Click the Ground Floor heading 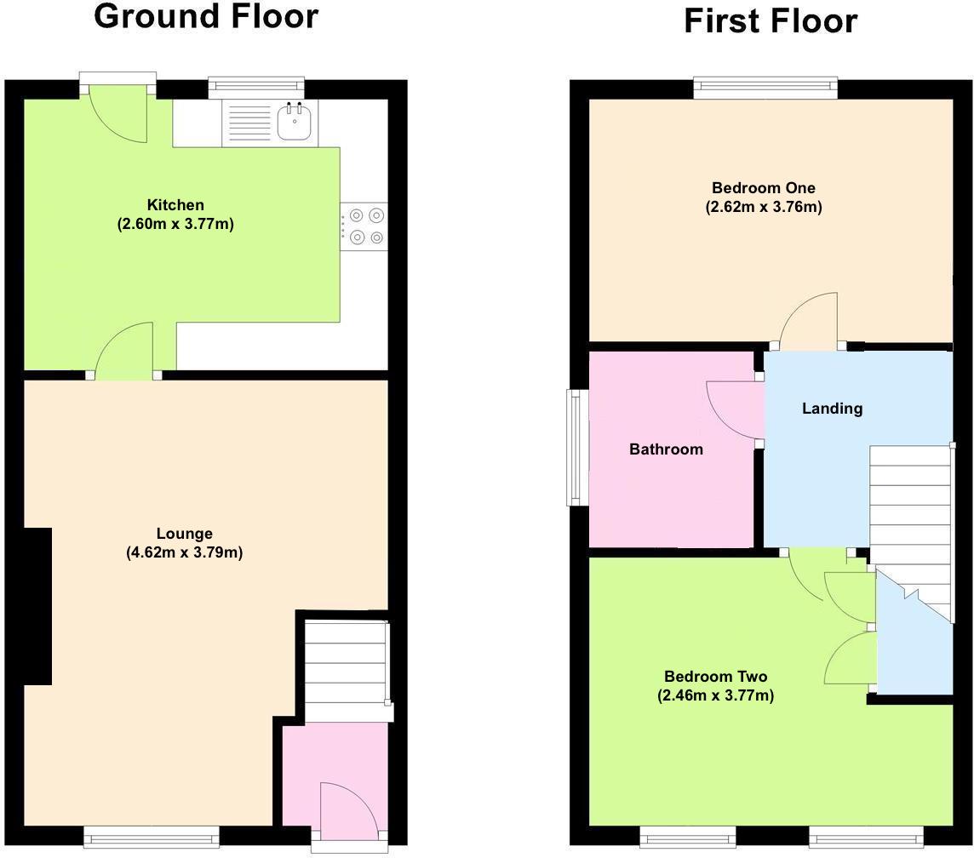206,17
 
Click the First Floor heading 770,21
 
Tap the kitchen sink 295,122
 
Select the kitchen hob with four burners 365,226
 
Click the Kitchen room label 175,205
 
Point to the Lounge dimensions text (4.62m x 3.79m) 184,552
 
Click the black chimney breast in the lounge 37,605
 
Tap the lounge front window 152,838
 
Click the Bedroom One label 763,188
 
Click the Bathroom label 666,449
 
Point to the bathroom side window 578,447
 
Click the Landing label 832,409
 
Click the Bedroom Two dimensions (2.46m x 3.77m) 715,695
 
